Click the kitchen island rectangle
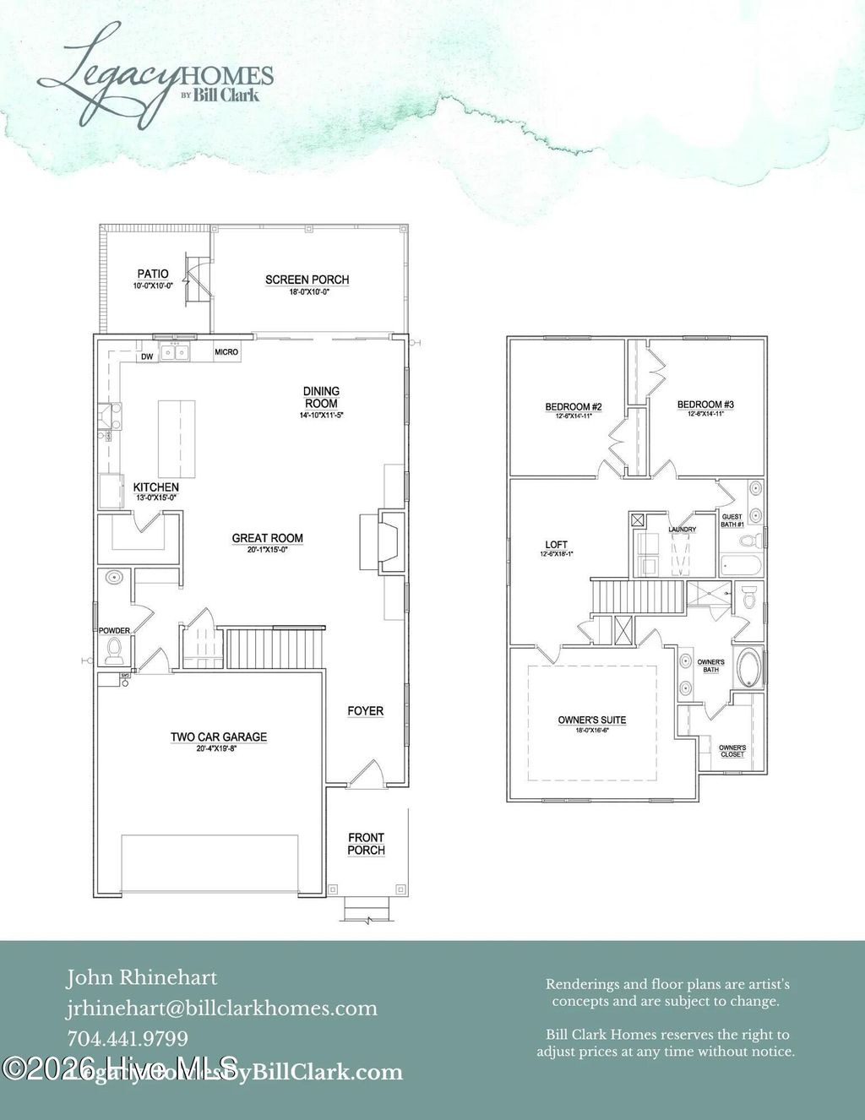tap(177, 439)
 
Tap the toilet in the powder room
tap(114, 650)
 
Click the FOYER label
tap(365, 711)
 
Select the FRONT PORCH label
tap(366, 844)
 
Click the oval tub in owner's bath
tap(748, 667)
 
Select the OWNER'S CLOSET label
tap(732, 751)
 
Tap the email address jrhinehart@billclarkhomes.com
tap(222, 1009)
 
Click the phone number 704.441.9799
tap(128, 1039)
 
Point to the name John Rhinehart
tap(142, 978)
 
